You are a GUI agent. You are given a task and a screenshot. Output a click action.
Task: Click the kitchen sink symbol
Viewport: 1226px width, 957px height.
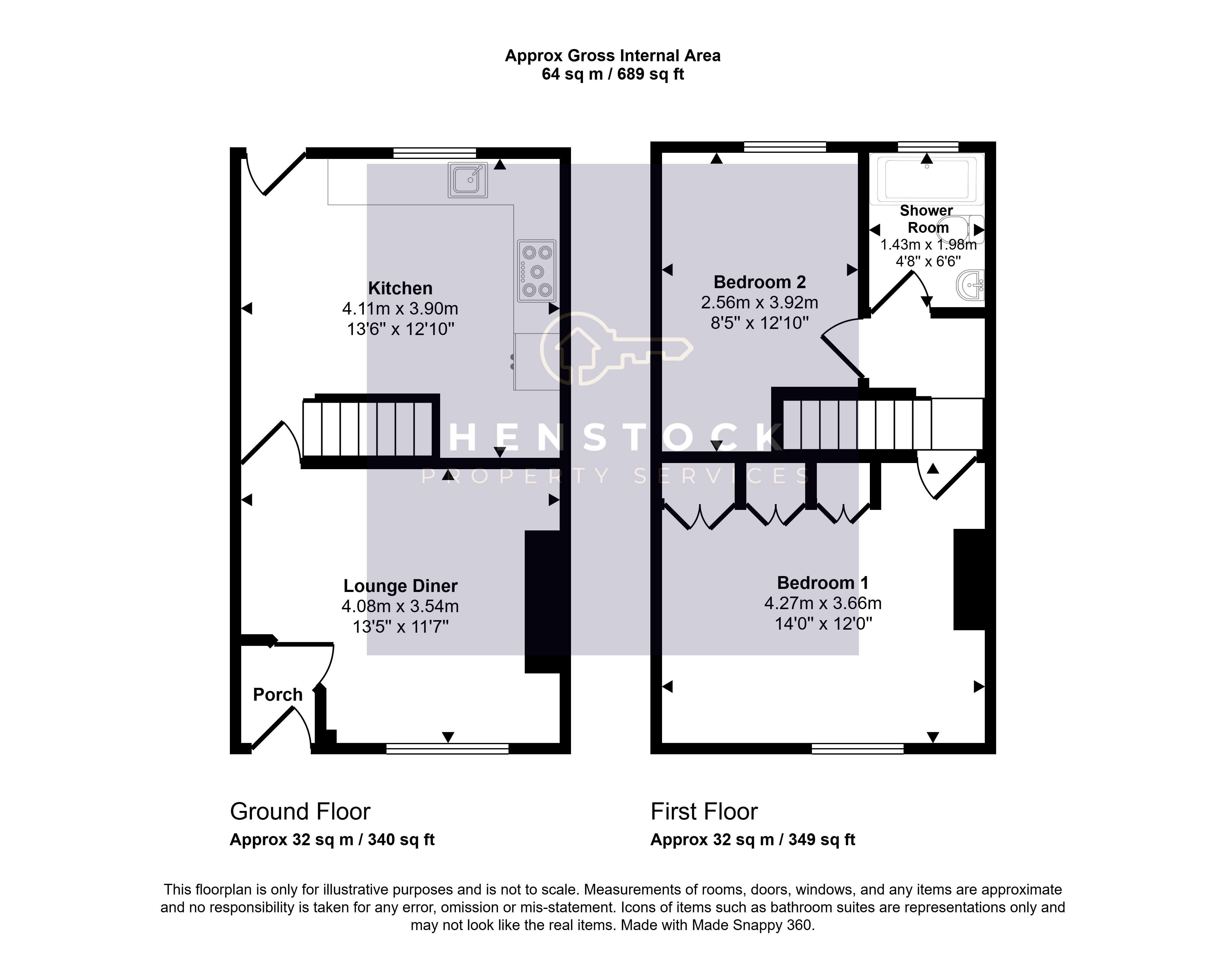tap(468, 179)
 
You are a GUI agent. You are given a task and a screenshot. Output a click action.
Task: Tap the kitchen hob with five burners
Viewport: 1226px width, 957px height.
tap(537, 271)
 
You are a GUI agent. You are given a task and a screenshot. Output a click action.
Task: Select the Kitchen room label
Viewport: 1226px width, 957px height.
tap(400, 288)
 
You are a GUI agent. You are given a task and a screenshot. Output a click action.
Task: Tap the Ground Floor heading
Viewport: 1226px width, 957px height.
tap(300, 812)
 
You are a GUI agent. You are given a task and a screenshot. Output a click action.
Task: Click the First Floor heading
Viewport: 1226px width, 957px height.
tap(704, 812)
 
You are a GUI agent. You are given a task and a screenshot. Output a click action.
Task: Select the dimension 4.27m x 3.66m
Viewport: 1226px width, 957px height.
tap(823, 604)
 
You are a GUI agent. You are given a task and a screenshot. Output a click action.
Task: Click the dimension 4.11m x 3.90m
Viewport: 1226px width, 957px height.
tap(400, 308)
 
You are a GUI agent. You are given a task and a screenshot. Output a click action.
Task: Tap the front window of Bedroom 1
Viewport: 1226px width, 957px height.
tap(858, 748)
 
